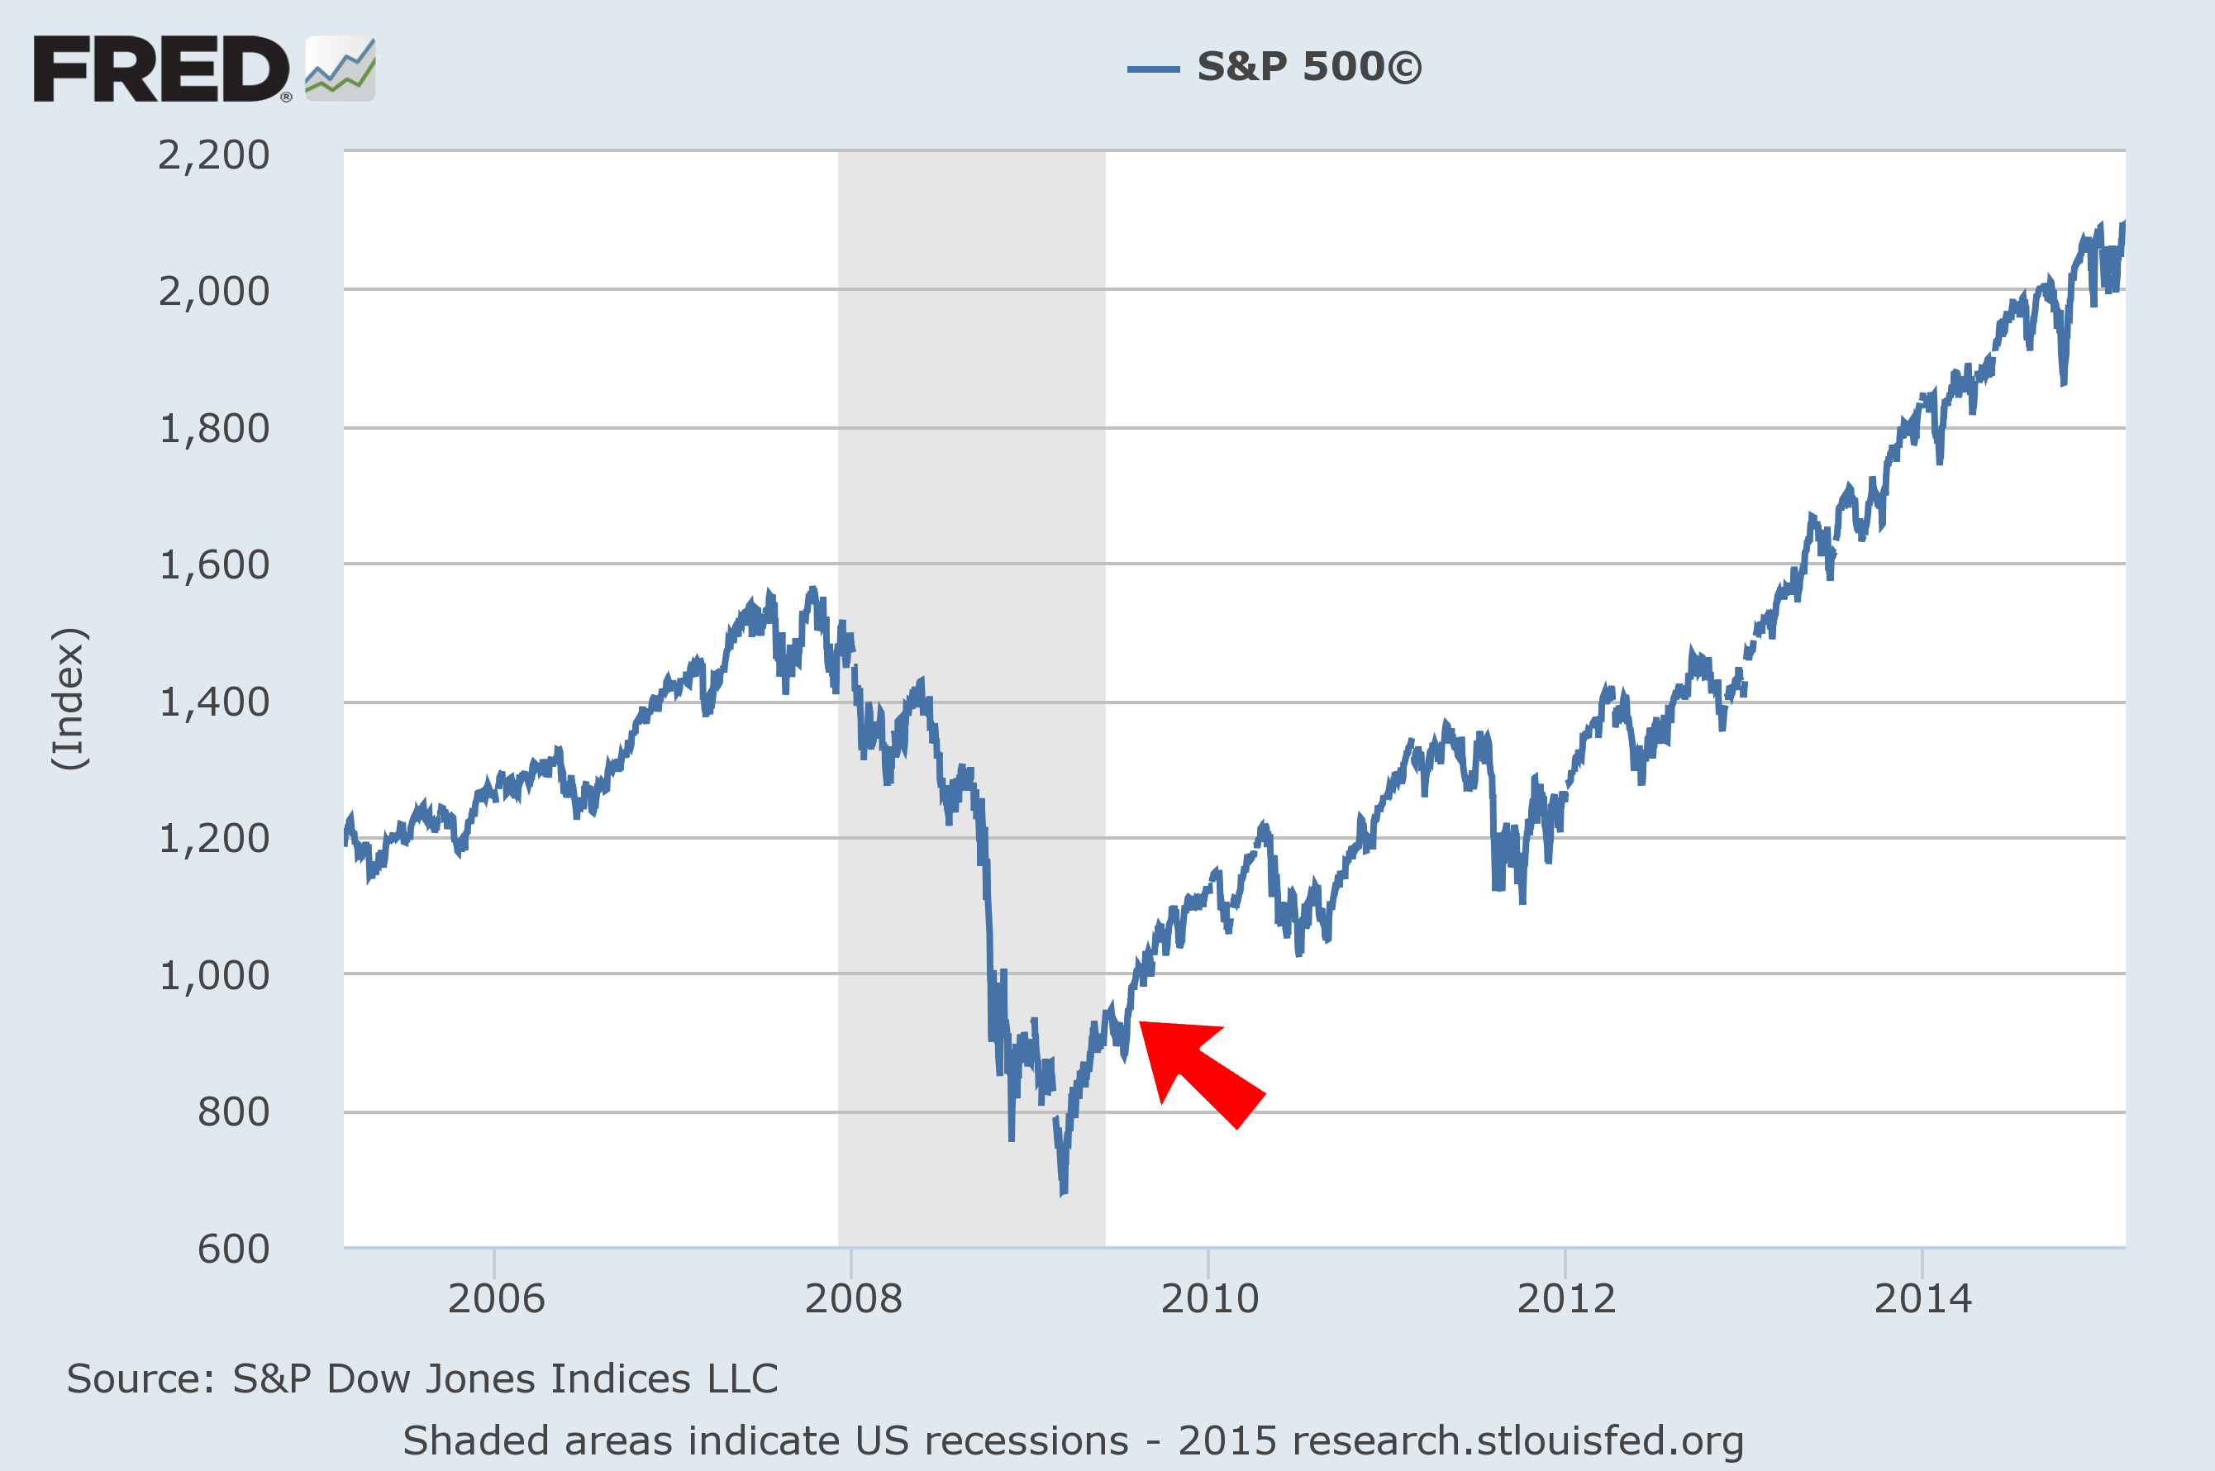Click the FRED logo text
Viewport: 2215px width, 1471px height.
tap(161, 69)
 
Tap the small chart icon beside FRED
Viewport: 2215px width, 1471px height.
tap(341, 69)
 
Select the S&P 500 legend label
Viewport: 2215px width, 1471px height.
tap(1308, 67)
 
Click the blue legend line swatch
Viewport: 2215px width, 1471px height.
tap(1153, 69)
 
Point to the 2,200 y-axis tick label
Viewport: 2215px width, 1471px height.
tap(214, 155)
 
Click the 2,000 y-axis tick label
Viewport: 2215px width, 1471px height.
tap(214, 292)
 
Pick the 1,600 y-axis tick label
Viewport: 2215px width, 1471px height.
tap(214, 564)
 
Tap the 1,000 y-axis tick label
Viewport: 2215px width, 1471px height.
tap(214, 976)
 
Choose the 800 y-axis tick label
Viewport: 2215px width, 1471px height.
tap(233, 1112)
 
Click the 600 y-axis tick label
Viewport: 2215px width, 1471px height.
tap(233, 1249)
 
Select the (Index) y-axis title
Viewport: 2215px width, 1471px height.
tap(69, 699)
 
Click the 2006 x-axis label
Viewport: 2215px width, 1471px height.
tap(495, 1298)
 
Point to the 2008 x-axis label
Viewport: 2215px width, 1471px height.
tap(853, 1298)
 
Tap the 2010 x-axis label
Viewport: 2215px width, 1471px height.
tap(1209, 1298)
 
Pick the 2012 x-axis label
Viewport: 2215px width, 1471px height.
tap(1566, 1298)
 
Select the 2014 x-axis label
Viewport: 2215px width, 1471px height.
tap(1922, 1298)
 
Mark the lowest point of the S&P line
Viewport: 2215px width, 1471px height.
tap(1063, 1194)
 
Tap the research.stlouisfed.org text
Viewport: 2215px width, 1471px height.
tap(1516, 1440)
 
